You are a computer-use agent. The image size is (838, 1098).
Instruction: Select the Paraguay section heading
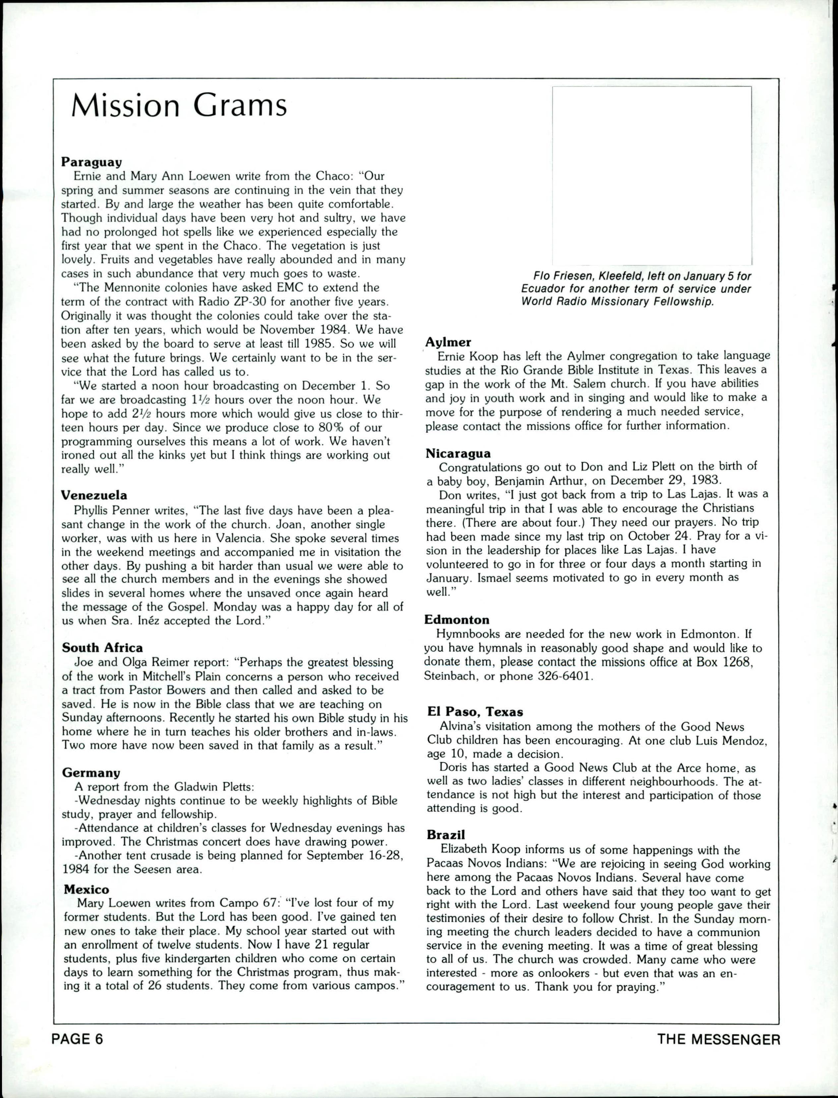pyautogui.click(x=92, y=162)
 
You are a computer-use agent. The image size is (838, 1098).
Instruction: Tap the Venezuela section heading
pyautogui.click(x=94, y=495)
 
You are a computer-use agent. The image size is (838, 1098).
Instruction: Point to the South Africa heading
pyautogui.click(x=102, y=648)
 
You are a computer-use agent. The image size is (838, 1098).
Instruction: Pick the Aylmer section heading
pyautogui.click(x=448, y=342)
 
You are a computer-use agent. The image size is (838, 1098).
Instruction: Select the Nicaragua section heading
pyautogui.click(x=458, y=453)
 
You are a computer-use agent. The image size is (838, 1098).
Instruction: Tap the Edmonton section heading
pyautogui.click(x=456, y=620)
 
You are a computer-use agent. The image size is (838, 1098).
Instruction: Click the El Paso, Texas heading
pyautogui.click(x=475, y=712)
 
